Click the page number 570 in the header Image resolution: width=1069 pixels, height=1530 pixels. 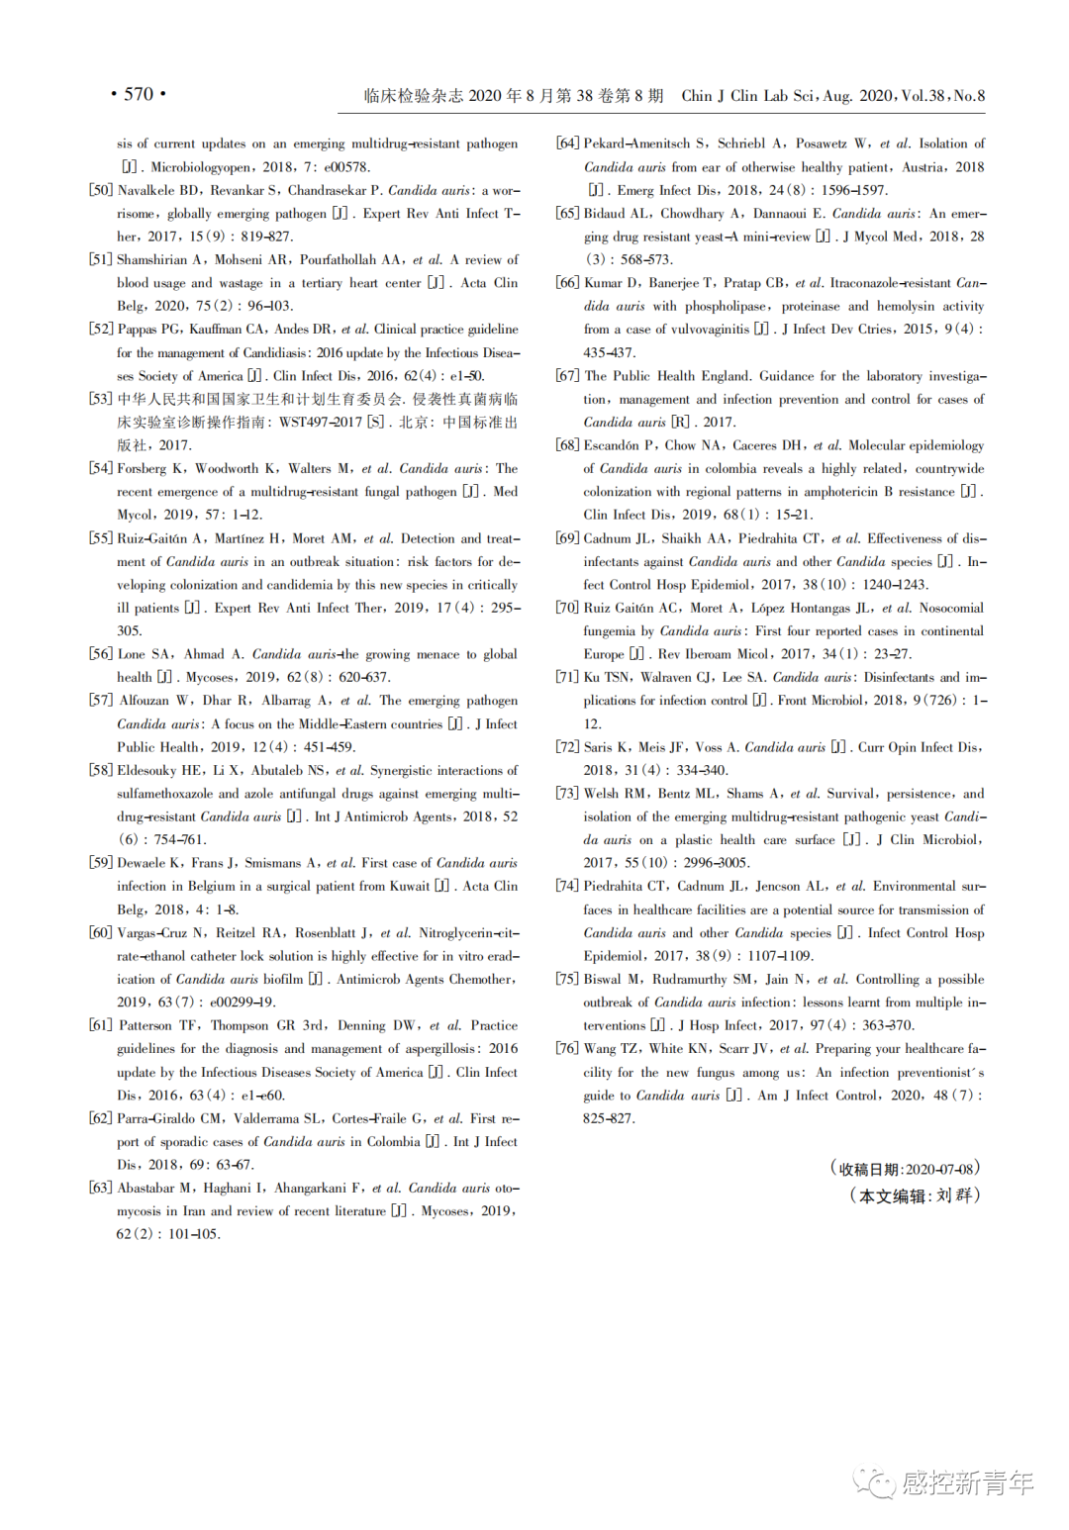pyautogui.click(x=139, y=94)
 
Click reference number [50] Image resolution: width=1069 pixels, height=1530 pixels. pyautogui.click(x=101, y=190)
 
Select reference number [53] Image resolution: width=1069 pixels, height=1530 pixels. pyautogui.click(x=101, y=399)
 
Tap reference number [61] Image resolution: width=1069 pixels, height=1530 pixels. pyautogui.click(x=101, y=1025)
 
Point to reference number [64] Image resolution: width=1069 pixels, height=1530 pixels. pyautogui.click(x=567, y=143)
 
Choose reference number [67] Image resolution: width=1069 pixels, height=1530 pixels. pyautogui.click(x=567, y=376)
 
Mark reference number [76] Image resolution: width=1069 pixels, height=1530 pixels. pyautogui.click(x=567, y=1049)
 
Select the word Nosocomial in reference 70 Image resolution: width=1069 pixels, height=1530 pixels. pyautogui.click(x=951, y=608)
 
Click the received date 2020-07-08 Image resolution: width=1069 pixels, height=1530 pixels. pyautogui.click(x=939, y=1169)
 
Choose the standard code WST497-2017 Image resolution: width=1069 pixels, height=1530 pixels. pyautogui.click(x=319, y=423)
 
